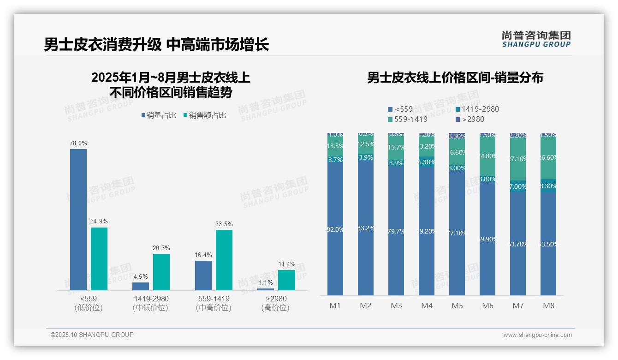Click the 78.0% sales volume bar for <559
click(78, 219)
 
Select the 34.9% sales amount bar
click(99, 258)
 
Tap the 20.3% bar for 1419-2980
click(161, 272)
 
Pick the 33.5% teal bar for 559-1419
click(224, 260)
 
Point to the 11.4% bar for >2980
click(286, 280)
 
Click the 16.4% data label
click(203, 255)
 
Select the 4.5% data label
click(141, 276)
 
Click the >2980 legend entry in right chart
click(471, 120)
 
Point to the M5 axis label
click(457, 306)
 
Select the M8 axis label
click(548, 306)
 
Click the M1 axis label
click(335, 306)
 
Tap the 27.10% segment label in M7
click(518, 159)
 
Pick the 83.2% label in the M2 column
click(366, 228)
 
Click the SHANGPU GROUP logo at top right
click(536, 39)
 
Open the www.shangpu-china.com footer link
click(537, 335)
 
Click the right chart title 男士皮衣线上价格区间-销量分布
click(455, 78)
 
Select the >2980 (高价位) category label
click(276, 303)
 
